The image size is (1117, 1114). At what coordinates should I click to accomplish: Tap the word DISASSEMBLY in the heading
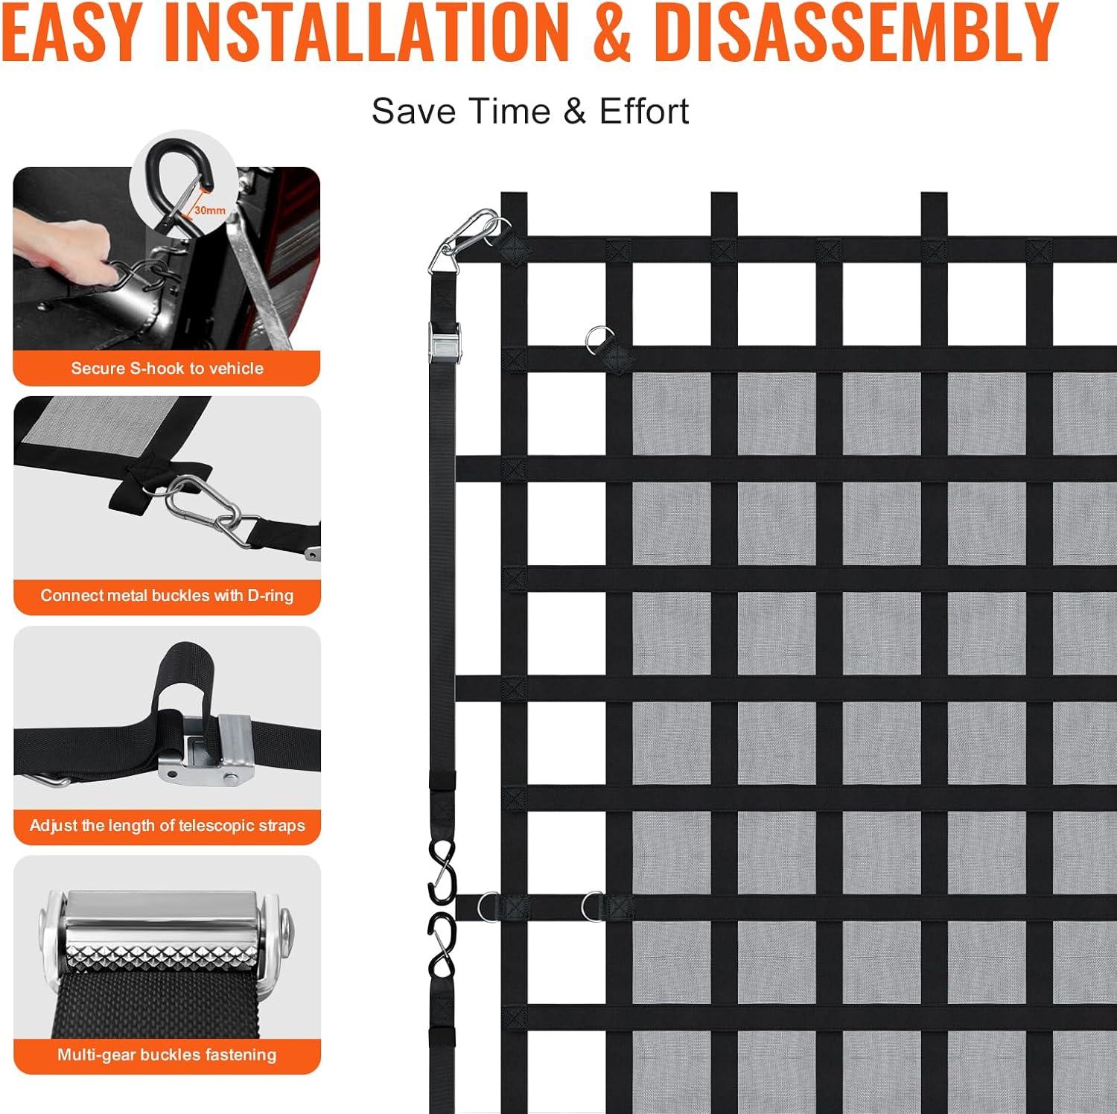tap(856, 32)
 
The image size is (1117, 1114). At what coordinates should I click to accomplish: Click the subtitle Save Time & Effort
tap(530, 112)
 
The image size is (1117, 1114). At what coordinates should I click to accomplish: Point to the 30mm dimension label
tap(210, 211)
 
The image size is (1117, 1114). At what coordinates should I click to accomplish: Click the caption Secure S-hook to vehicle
tap(168, 368)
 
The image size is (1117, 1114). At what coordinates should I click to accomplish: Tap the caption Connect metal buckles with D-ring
tap(167, 596)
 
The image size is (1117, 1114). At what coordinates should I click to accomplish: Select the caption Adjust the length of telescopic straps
tap(168, 826)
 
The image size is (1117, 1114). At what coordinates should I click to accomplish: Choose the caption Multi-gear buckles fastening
tap(167, 1054)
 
